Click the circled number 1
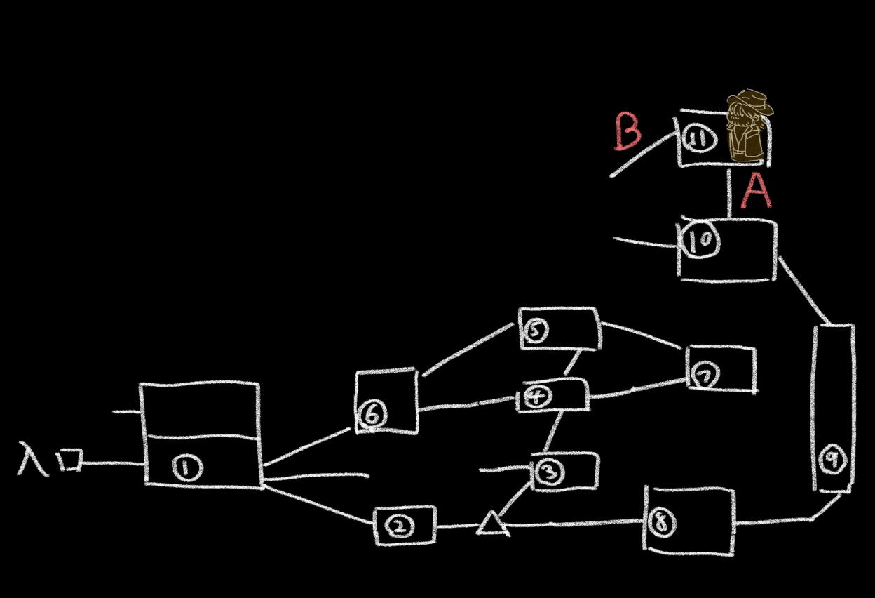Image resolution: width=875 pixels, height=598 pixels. [186, 468]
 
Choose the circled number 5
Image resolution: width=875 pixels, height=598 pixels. [536, 330]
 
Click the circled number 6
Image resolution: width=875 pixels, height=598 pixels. [372, 416]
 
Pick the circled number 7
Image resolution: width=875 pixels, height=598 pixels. [704, 376]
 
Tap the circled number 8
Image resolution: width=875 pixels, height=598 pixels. [659, 522]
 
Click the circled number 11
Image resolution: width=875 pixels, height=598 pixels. [698, 138]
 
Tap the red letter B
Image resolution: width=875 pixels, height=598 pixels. [627, 133]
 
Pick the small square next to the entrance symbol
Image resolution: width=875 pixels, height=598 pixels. [70, 460]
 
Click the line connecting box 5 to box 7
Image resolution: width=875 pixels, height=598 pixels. [642, 335]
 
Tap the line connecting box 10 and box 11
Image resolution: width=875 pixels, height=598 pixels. [729, 192]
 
